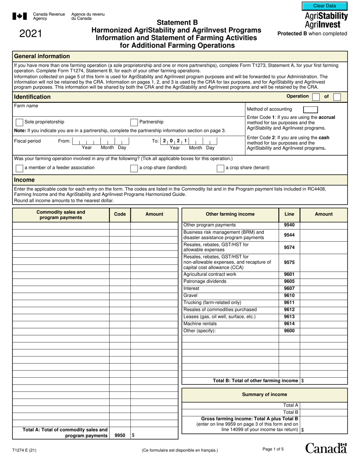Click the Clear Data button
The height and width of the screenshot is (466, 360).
[x=324, y=6]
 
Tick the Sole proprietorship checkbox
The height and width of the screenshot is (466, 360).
[x=19, y=122]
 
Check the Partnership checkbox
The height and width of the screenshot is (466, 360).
[x=134, y=122]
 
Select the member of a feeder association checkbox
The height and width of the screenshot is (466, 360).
[x=19, y=168]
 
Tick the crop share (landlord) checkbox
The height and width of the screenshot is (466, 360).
[x=134, y=168]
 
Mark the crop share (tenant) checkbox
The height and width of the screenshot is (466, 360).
[x=220, y=168]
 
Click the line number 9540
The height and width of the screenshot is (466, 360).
[x=289, y=225]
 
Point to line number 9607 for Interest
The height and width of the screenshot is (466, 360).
[x=289, y=289]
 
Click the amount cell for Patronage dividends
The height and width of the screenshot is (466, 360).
[x=324, y=281]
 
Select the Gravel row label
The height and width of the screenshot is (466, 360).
[x=190, y=296]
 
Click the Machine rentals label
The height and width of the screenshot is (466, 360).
[x=200, y=324]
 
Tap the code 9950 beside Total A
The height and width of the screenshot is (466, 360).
[x=120, y=436]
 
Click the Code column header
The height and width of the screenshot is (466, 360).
[x=120, y=214]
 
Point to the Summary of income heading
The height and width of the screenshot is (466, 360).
[x=265, y=395]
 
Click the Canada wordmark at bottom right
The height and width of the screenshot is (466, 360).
[x=326, y=448]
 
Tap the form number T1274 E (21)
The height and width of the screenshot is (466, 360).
[x=25, y=450]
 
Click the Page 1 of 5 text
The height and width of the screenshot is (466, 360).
[x=273, y=449]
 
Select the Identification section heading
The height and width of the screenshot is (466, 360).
[x=32, y=97]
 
